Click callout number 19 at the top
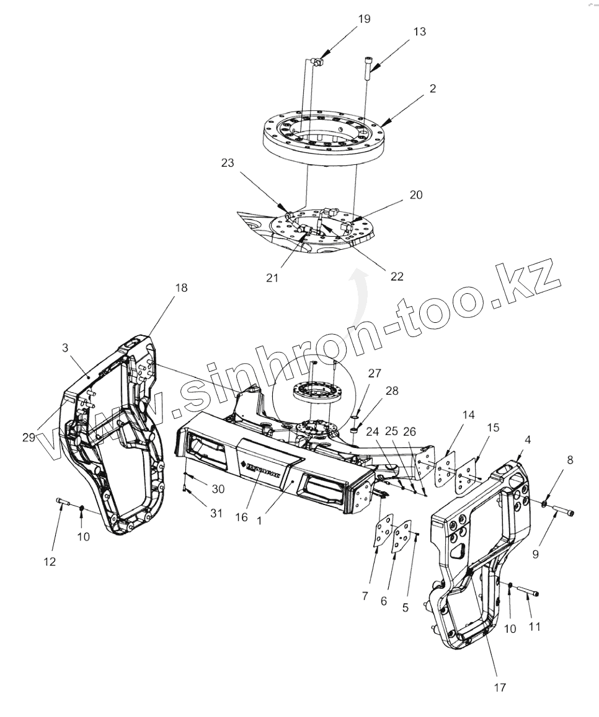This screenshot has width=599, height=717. (x=364, y=19)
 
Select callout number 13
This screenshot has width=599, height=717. (x=419, y=32)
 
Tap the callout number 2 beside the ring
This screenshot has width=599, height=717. (x=432, y=89)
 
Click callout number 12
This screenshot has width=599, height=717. (x=49, y=561)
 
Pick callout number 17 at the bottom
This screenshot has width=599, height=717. (x=500, y=687)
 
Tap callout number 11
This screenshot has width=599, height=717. (x=534, y=627)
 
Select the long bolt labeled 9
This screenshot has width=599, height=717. (x=562, y=512)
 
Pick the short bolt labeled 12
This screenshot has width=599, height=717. (x=61, y=500)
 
